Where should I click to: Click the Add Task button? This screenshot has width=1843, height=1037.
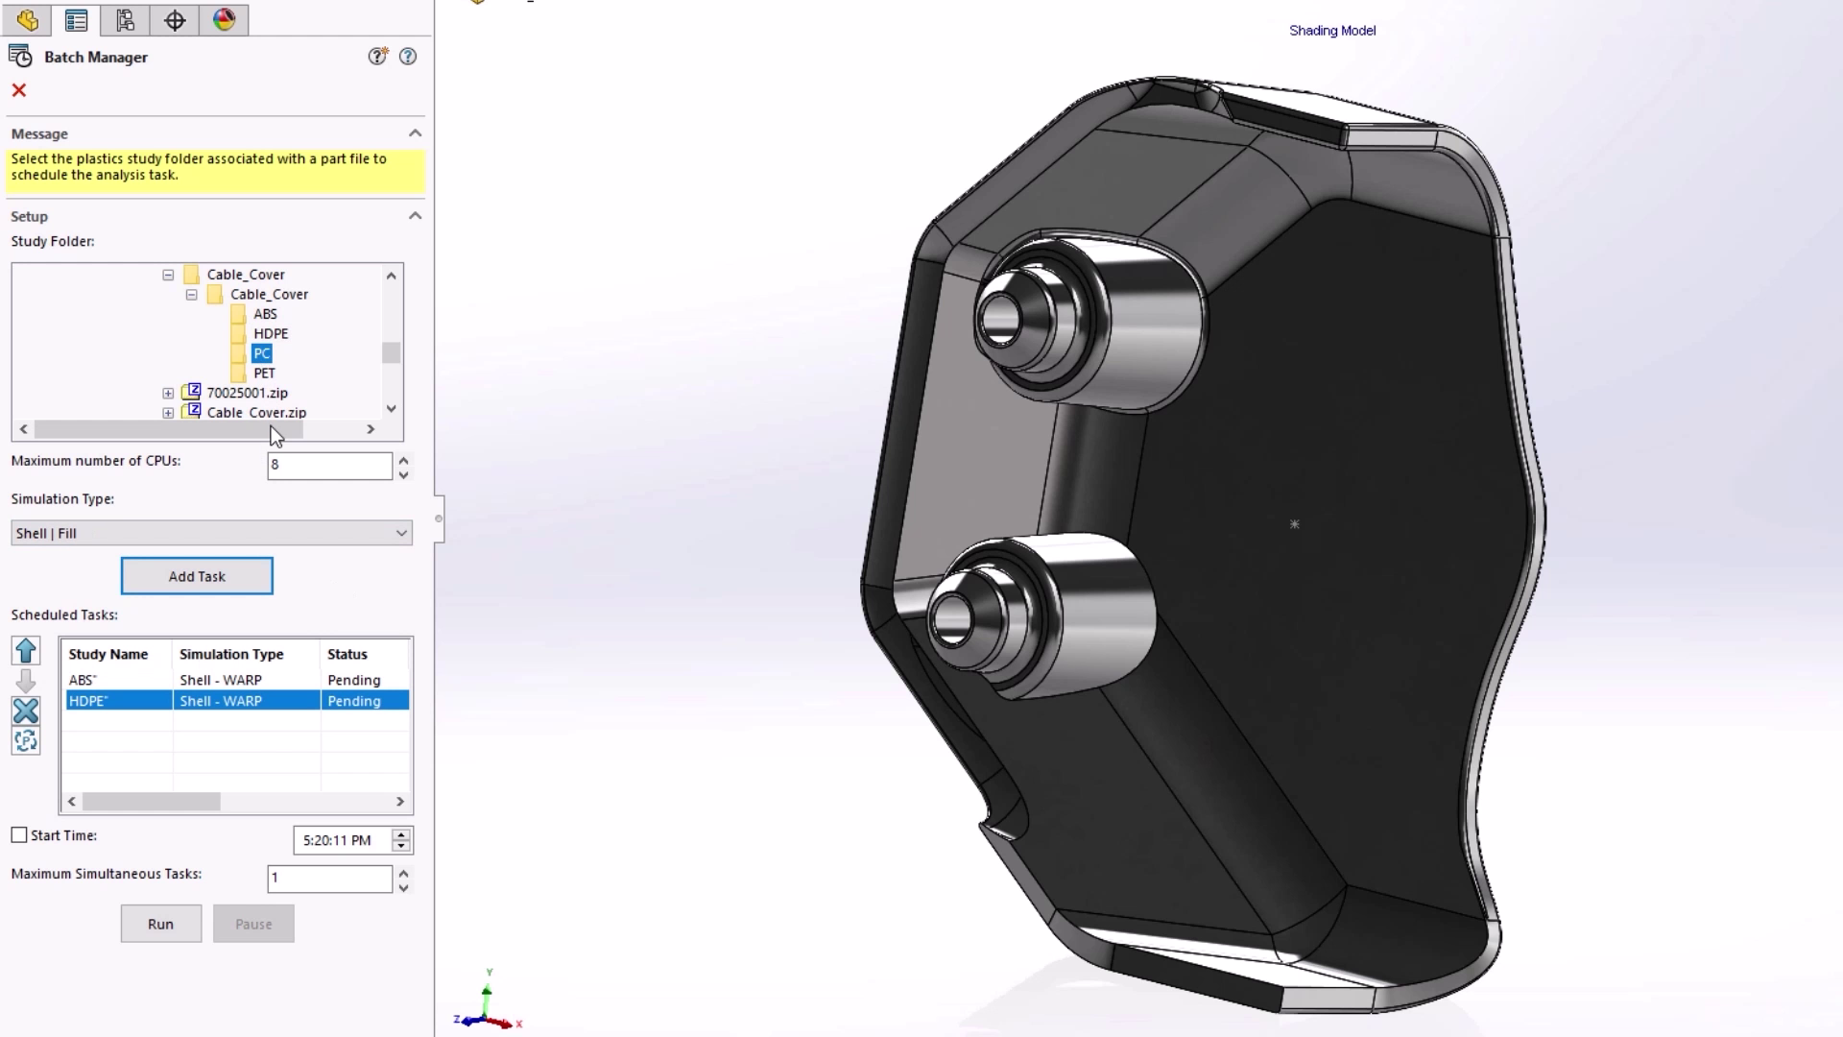click(197, 576)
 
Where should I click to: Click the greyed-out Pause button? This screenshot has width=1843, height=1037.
click(253, 924)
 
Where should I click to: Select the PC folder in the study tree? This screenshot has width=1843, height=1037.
click(262, 353)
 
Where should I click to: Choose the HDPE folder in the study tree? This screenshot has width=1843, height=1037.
click(271, 333)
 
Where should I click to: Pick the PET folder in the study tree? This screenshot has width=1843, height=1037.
click(264, 373)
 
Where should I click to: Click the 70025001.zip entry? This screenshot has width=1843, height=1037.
click(247, 393)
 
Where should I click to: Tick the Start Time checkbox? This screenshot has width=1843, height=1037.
click(19, 835)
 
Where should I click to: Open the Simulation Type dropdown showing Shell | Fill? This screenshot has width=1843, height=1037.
click(211, 533)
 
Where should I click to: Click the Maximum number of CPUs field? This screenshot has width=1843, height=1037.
click(328, 465)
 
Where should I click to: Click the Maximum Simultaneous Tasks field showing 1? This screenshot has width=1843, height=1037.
click(328, 878)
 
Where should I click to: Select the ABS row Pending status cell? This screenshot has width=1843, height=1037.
click(354, 680)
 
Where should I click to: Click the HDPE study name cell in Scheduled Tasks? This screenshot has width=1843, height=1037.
click(88, 701)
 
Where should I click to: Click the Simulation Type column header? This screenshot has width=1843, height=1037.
click(231, 654)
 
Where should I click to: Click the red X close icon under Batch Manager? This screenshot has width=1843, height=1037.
click(19, 90)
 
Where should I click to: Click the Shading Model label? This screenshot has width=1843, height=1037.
click(1331, 31)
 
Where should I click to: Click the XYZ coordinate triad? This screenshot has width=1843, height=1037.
click(488, 1008)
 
